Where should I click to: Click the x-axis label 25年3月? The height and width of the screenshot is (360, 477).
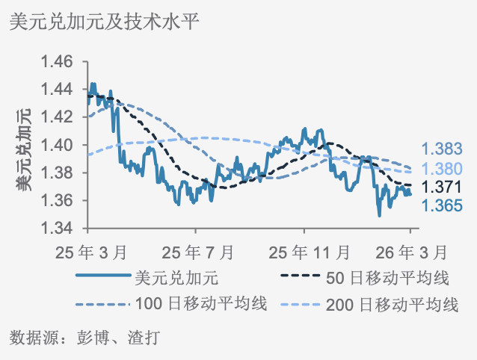click(88, 249)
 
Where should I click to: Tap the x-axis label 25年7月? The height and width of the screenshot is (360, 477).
click(195, 249)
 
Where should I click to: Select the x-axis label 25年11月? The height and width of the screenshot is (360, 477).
click(307, 249)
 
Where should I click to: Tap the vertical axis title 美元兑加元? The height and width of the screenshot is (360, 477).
click(24, 149)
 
